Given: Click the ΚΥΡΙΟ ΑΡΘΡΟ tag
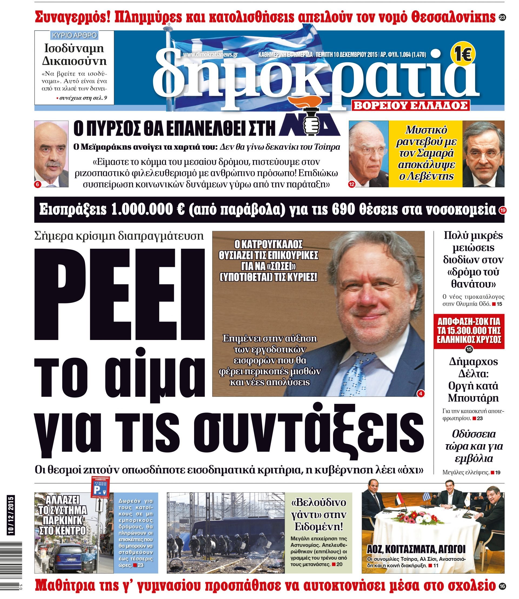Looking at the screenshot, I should point(74,36).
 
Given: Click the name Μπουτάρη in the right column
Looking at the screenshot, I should point(473,398).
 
